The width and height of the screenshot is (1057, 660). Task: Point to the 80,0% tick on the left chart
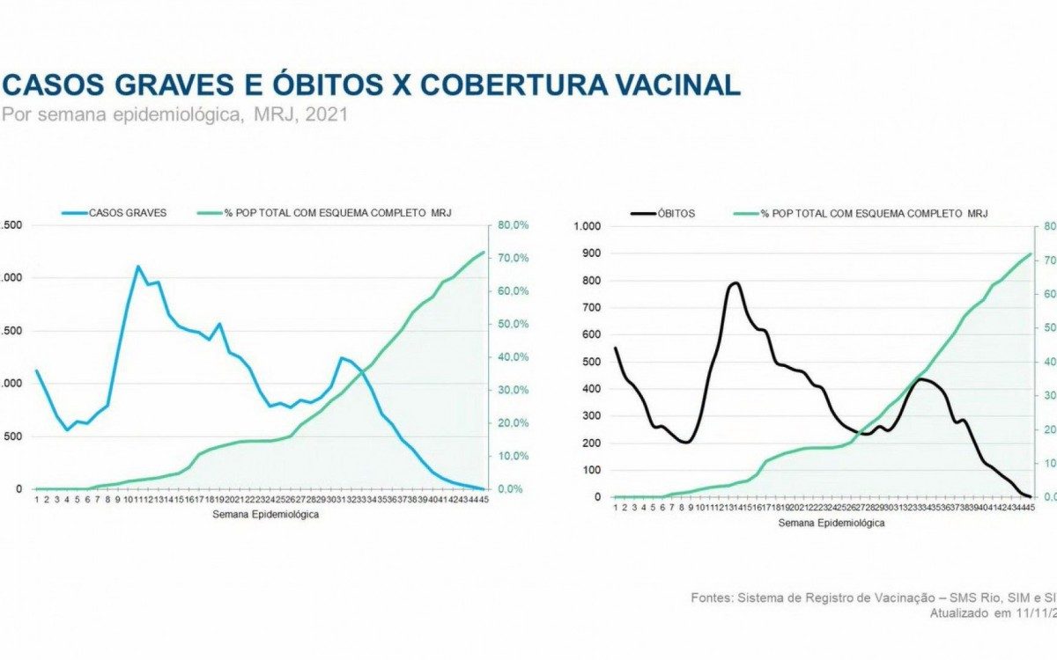tap(514, 225)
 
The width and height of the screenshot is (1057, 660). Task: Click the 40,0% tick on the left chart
tap(514, 357)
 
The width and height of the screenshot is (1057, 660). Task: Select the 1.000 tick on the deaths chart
tap(587, 226)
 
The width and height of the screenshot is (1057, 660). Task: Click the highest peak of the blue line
tap(138, 266)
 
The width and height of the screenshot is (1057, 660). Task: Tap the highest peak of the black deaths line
tap(734, 282)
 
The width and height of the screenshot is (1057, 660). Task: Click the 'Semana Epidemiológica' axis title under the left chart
tap(265, 515)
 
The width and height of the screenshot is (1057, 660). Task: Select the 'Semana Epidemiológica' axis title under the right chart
tap(831, 523)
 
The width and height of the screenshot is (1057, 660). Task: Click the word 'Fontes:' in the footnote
tap(711, 598)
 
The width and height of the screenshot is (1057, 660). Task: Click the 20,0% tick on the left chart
tap(514, 423)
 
